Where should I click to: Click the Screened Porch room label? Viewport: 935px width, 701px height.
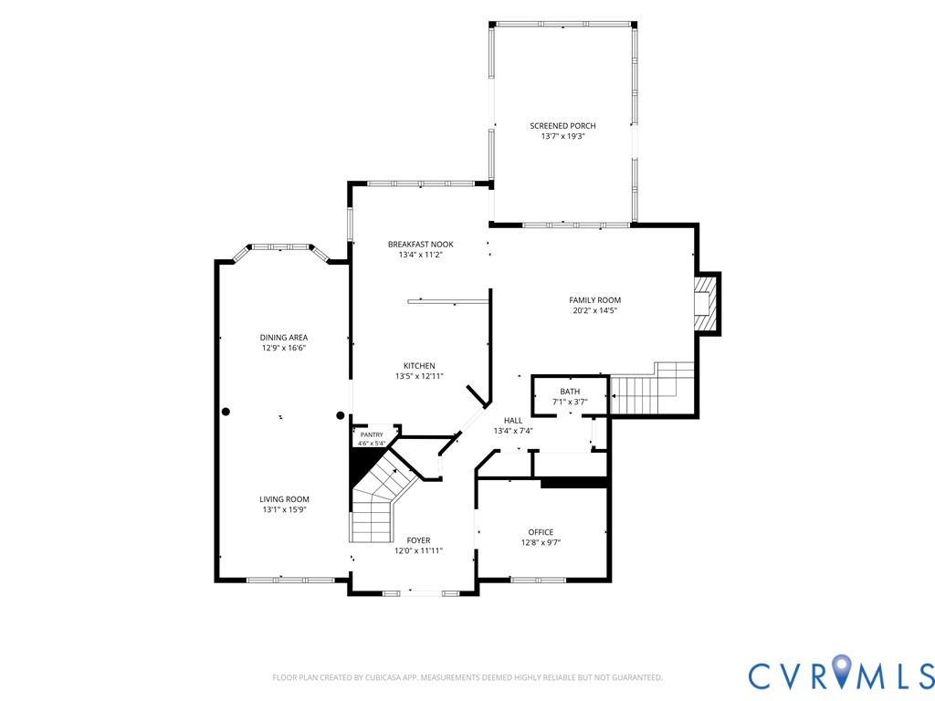(x=562, y=126)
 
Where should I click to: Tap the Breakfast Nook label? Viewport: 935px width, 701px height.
(x=420, y=245)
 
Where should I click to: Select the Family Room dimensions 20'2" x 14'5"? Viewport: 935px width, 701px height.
(x=594, y=310)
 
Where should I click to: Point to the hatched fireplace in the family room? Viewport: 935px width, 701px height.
(x=704, y=303)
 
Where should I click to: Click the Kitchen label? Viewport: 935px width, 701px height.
(x=419, y=366)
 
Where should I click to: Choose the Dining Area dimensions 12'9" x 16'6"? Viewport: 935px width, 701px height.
(x=284, y=348)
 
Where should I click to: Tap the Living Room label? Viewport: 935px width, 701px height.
(x=285, y=499)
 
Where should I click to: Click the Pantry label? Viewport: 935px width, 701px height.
(x=372, y=435)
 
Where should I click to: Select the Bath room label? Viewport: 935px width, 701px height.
(x=570, y=392)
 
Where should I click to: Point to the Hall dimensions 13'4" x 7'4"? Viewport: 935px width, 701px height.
(x=513, y=431)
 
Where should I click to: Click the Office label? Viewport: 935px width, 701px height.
(x=541, y=532)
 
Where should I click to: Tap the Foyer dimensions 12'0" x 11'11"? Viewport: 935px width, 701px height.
(x=418, y=550)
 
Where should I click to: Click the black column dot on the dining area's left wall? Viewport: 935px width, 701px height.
(x=226, y=412)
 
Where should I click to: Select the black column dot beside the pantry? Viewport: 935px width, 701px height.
(x=341, y=415)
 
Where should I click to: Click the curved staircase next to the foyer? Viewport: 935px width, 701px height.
(x=382, y=497)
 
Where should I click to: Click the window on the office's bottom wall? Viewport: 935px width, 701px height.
(x=538, y=580)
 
